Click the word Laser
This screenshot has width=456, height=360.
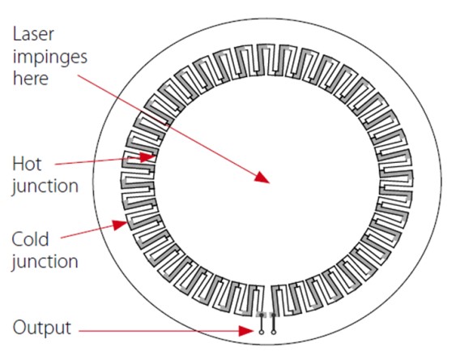[33, 34]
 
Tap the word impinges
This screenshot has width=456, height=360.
[50, 58]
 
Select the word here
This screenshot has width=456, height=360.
[31, 79]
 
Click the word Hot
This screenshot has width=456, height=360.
[27, 164]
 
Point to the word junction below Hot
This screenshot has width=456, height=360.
[45, 186]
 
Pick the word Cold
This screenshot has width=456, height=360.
[30, 239]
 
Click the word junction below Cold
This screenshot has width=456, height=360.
[45, 262]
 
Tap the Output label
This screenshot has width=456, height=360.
[42, 328]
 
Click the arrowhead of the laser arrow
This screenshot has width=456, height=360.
[262, 178]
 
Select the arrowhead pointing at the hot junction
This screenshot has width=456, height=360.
[148, 157]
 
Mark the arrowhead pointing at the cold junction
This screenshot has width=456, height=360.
[120, 225]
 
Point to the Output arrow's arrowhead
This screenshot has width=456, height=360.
[246, 331]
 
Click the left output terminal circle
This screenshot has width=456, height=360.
[262, 332]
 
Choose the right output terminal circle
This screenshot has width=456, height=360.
[274, 332]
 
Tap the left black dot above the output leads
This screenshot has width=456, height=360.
[262, 315]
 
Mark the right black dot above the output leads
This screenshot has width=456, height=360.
[274, 315]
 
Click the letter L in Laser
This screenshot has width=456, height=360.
[17, 34]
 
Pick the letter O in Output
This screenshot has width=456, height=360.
[19, 327]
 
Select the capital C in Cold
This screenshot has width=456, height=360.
[18, 239]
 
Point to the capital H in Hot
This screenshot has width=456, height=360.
[18, 164]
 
